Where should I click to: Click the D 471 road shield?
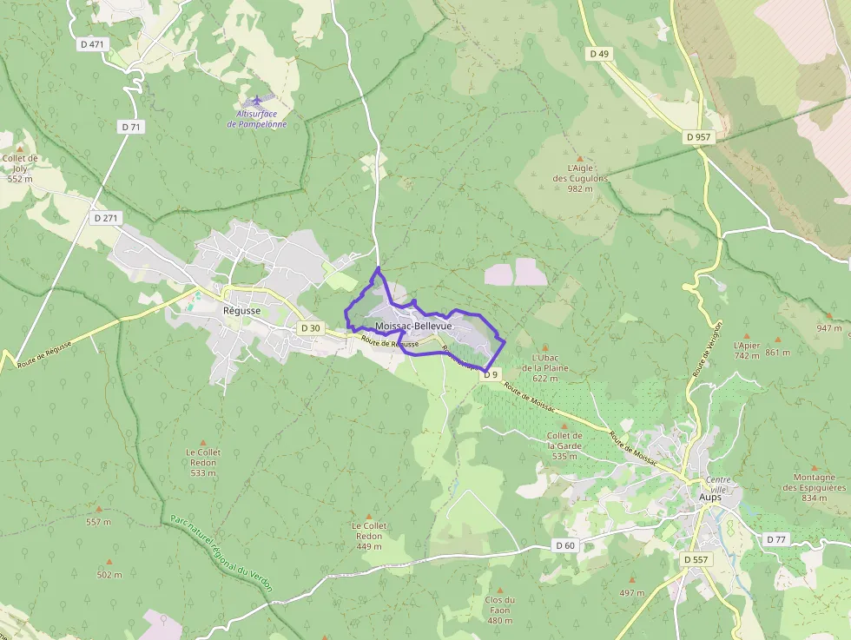tap(90, 43)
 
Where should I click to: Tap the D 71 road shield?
tap(131, 127)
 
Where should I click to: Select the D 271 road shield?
tap(105, 218)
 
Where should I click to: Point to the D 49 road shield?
tap(599, 54)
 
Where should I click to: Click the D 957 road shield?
tap(697, 137)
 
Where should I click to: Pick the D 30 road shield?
tap(310, 328)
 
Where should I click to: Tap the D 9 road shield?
tap(491, 374)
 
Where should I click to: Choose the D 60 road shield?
tap(564, 545)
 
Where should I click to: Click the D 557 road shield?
tap(696, 560)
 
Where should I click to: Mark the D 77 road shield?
tap(776, 539)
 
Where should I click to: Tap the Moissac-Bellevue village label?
tap(413, 326)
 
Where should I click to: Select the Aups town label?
tap(709, 498)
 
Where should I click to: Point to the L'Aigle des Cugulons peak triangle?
tap(580, 159)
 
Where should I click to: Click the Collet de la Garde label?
tap(564, 446)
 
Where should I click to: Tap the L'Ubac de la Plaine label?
tap(544, 367)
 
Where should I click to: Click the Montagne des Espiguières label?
tap(814, 487)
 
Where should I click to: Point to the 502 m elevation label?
tap(109, 575)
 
